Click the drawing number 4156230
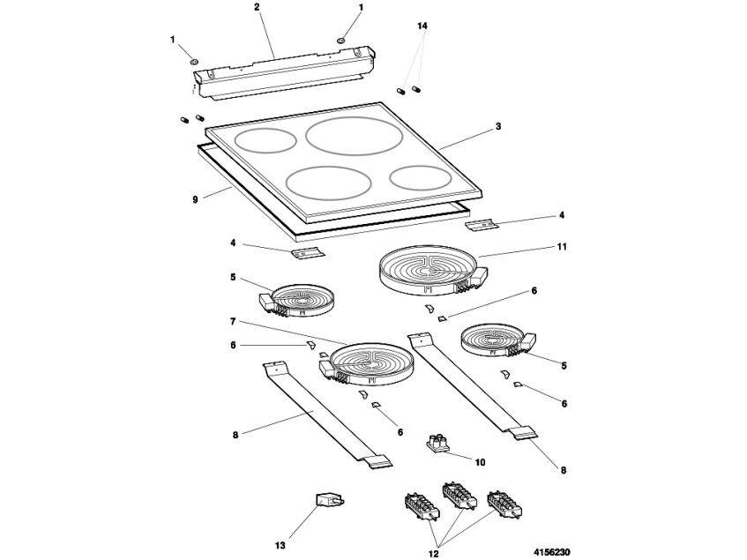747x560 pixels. (x=552, y=552)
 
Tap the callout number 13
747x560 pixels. (x=280, y=545)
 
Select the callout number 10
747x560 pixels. (x=480, y=462)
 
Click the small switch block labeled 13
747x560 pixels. (x=329, y=502)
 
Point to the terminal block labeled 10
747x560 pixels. (x=437, y=443)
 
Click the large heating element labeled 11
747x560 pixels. (x=432, y=270)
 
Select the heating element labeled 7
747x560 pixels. (x=366, y=364)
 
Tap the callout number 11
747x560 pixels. (x=562, y=246)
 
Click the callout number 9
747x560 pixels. (x=195, y=199)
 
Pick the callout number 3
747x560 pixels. (x=497, y=127)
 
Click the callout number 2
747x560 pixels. (x=257, y=7)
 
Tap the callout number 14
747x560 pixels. (x=422, y=26)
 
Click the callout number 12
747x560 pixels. (x=434, y=553)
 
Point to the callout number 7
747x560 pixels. (x=233, y=321)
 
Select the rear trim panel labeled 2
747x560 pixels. (x=284, y=72)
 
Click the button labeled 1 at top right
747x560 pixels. (x=341, y=40)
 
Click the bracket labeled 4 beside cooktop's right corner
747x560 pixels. (x=482, y=225)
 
